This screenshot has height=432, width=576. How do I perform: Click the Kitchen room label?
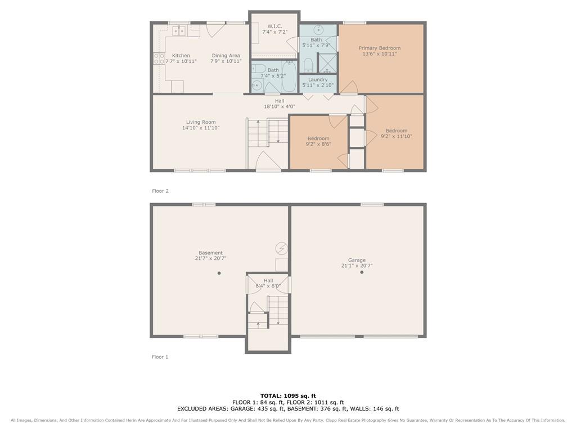click(181, 56)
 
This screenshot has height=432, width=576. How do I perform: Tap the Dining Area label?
click(226, 56)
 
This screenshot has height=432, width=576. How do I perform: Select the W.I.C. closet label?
click(274, 26)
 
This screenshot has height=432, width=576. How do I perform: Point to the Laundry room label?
click(318, 79)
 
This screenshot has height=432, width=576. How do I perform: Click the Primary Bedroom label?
click(380, 48)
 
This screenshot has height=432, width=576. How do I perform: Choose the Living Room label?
click(201, 122)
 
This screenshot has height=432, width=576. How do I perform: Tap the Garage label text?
click(357, 260)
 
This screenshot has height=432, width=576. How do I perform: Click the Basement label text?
click(210, 253)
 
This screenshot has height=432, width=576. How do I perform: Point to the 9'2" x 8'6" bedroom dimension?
click(318, 144)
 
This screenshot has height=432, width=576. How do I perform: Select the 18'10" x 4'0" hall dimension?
click(280, 106)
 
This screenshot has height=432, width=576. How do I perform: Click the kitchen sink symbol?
click(179, 31)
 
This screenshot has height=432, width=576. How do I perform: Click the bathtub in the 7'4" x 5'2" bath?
click(289, 76)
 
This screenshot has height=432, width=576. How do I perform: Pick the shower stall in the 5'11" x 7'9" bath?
click(327, 63)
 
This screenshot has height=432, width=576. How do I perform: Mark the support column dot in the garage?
click(362, 272)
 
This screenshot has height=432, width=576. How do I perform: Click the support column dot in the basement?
click(219, 273)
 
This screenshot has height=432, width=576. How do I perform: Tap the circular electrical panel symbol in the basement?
click(282, 248)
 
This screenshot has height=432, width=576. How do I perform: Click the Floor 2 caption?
click(160, 191)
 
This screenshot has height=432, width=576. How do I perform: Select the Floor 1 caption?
click(160, 357)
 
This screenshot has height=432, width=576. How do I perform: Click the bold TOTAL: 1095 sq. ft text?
click(288, 395)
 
